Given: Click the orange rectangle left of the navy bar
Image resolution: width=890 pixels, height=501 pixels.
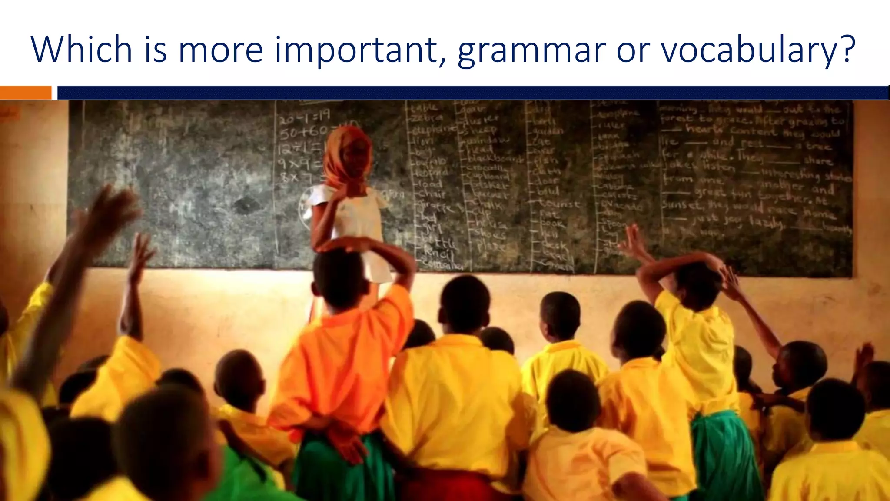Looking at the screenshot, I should (26, 93).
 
